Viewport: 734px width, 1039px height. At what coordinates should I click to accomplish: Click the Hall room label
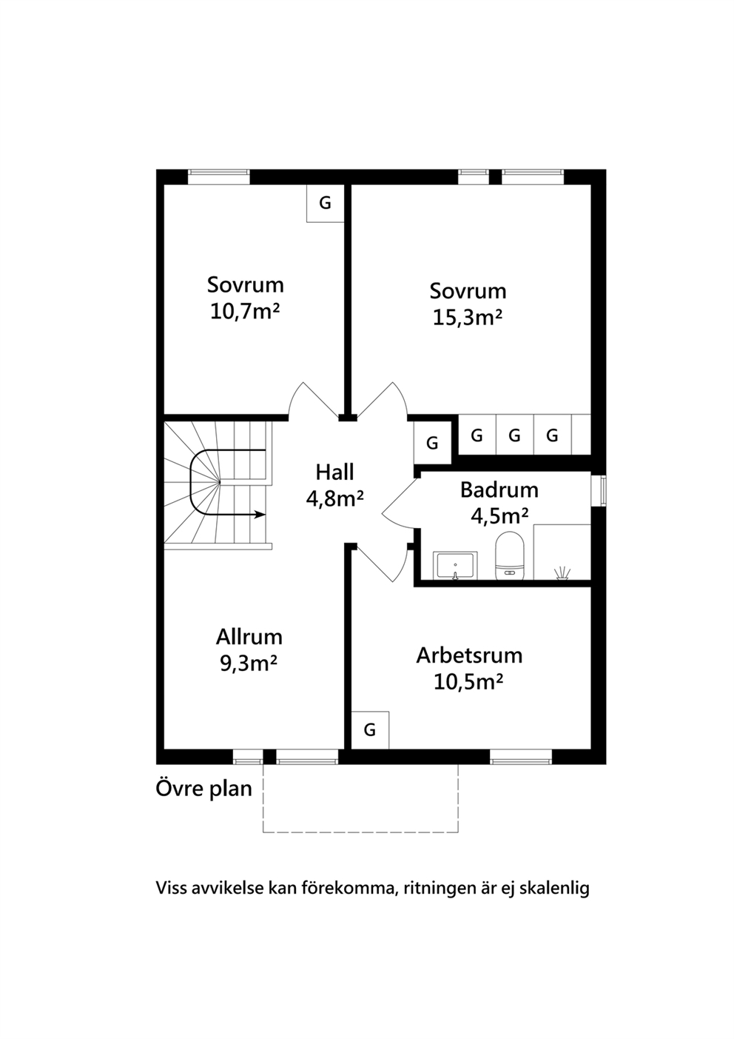334,472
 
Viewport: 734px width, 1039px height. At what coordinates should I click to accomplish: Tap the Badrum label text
499,490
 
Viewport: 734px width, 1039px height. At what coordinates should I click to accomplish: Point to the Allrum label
249,637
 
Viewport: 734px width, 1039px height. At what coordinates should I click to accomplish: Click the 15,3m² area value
468,318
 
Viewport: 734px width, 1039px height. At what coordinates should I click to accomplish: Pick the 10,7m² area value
245,312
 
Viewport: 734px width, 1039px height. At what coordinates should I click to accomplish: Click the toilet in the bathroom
510,555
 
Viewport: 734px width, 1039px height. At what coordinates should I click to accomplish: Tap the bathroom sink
455,566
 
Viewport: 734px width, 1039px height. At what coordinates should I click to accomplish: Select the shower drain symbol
562,574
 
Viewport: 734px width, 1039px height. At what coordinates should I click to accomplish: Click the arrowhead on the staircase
260,515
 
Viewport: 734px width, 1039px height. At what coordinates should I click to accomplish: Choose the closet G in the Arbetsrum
370,730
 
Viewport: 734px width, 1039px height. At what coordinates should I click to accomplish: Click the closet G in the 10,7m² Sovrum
326,203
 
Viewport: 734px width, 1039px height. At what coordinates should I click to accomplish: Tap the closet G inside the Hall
432,443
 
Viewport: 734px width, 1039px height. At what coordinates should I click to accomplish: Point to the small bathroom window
602,490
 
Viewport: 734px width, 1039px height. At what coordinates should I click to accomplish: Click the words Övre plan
204,789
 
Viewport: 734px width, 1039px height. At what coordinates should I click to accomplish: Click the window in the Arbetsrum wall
522,757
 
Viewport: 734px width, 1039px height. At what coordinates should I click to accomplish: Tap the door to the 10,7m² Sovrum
313,400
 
